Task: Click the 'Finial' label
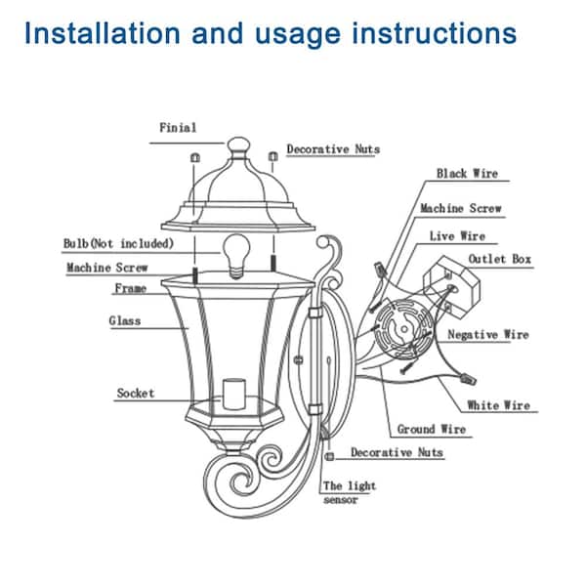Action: tap(177, 127)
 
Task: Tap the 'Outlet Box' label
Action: tap(500, 259)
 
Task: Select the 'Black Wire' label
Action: tap(466, 173)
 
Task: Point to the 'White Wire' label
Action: tap(497, 405)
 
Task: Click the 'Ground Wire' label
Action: tap(431, 429)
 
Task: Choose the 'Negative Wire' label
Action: tap(487, 335)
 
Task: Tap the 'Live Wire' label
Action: tap(456, 236)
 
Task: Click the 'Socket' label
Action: tap(135, 393)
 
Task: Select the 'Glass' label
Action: tap(124, 320)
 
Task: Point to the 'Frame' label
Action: tap(130, 289)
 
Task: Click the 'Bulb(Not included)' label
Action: tap(118, 242)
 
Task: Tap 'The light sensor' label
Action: tap(349, 492)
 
